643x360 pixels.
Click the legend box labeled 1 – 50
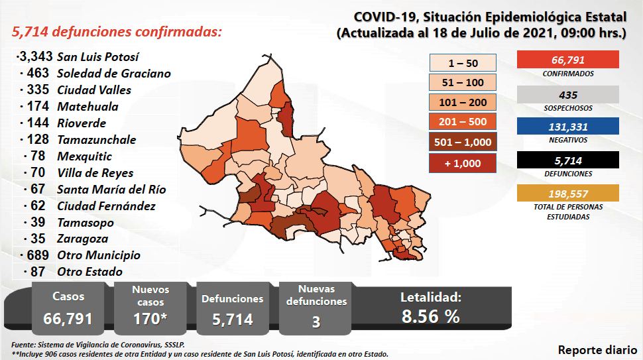(463, 63)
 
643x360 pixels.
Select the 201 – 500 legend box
(463, 122)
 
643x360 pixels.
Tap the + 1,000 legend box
(463, 162)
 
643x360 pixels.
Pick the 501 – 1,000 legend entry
(463, 142)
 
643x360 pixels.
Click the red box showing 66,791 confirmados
(567, 60)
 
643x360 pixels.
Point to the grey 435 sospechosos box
(567, 95)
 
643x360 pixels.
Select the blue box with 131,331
(567, 127)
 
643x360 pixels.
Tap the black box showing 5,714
(567, 160)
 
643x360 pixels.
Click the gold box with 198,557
(567, 194)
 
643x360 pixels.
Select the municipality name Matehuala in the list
(88, 106)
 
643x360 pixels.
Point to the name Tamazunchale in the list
(97, 139)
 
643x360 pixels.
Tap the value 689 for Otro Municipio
(38, 255)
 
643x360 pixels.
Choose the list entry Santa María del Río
(111, 189)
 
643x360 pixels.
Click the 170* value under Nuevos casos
(150, 318)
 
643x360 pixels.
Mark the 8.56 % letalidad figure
(430, 316)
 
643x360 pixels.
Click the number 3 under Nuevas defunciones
(316, 322)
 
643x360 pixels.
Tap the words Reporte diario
(597, 349)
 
